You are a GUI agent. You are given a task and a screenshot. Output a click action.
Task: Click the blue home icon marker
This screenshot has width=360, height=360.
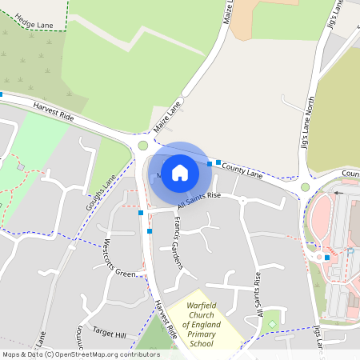[180, 172]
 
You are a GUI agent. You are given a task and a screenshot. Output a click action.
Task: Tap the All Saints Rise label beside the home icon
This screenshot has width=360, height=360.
[198, 200]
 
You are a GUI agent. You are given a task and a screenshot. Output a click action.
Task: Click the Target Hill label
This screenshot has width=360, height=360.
[110, 334]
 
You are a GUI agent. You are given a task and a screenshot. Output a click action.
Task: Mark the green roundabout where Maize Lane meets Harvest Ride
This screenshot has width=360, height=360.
[143, 146]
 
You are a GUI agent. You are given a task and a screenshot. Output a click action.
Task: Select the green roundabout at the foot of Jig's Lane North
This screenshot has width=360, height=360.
[305, 187]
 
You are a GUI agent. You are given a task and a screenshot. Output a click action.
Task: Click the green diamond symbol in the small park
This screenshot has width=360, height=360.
[272, 323]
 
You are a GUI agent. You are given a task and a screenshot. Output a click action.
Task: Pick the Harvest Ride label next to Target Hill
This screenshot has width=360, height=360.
[166, 323]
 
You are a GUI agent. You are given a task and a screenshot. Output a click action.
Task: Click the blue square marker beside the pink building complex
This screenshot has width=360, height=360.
[327, 257]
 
